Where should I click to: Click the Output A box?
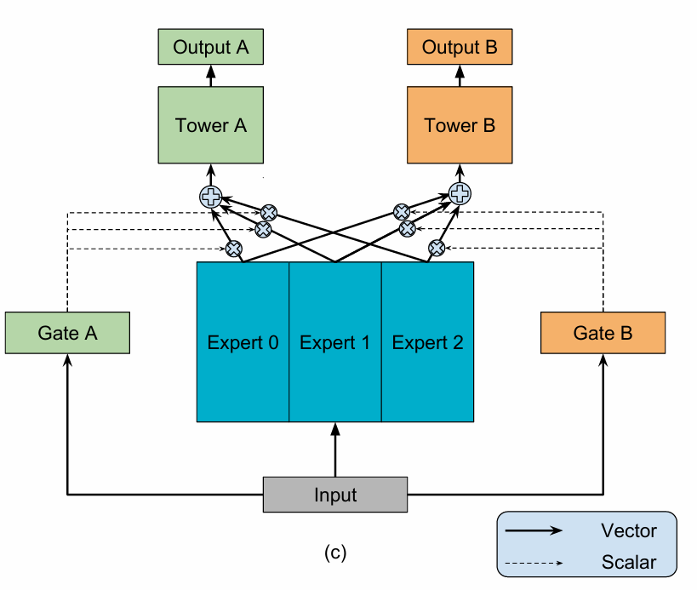(211, 47)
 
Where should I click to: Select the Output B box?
(460, 47)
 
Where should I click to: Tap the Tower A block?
(211, 125)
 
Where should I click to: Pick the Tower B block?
(460, 125)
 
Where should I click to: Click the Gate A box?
(67, 333)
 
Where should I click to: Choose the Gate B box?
(603, 333)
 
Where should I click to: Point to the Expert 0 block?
(243, 342)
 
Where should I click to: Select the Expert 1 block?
(335, 342)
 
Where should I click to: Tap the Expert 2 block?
(427, 342)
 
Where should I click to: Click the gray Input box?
(335, 495)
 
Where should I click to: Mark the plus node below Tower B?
(460, 193)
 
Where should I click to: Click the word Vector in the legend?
(629, 531)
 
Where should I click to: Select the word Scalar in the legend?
(629, 562)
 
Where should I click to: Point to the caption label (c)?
(335, 553)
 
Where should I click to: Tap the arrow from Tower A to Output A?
(211, 75)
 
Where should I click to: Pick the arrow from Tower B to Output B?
(460, 75)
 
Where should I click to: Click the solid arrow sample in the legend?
(534, 530)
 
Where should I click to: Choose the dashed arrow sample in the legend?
(534, 562)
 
